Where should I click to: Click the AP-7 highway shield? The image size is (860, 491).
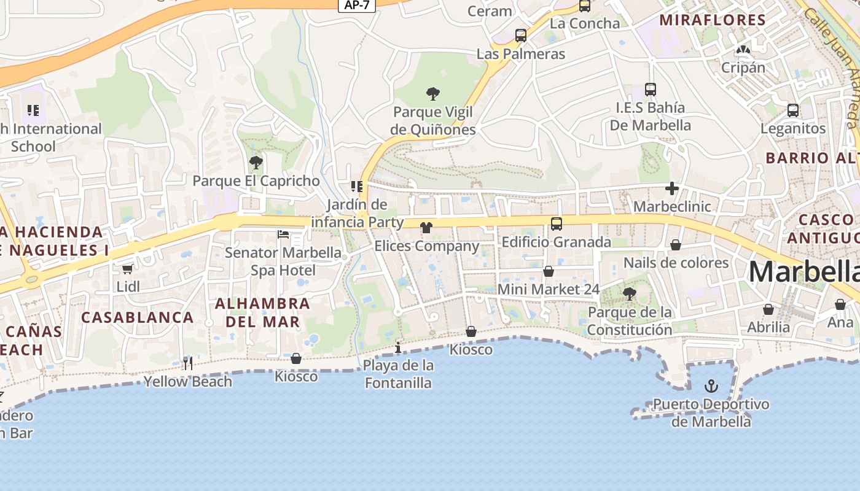[x=357, y=5]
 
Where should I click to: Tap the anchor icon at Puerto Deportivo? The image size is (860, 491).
[x=711, y=386]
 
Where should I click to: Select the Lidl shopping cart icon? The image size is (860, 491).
[x=127, y=269]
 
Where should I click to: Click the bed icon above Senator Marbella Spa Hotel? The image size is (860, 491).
[x=283, y=234]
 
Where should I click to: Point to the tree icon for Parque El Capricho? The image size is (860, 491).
[x=256, y=163]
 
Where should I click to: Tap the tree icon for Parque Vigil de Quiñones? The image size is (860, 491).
[x=433, y=94]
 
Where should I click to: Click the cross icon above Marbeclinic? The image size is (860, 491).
[x=672, y=188]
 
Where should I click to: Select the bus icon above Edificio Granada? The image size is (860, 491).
[x=557, y=224]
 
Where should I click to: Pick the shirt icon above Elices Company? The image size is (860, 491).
[x=426, y=228]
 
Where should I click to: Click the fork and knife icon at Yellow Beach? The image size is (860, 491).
[x=188, y=363]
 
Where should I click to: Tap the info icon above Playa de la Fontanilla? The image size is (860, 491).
[x=398, y=348]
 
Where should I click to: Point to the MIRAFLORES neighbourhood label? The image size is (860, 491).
[x=713, y=20]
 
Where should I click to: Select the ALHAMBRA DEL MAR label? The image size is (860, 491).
[x=263, y=312]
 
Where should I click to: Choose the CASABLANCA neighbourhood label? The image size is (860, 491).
[x=138, y=317]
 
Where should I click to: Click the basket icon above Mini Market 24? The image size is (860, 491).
[x=549, y=271]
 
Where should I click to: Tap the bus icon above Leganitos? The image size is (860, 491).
[x=793, y=110]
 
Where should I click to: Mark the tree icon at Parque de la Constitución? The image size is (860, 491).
[x=629, y=294]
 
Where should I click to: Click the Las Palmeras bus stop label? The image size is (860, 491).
[x=521, y=54]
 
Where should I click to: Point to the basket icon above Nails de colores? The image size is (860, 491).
[x=676, y=245]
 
